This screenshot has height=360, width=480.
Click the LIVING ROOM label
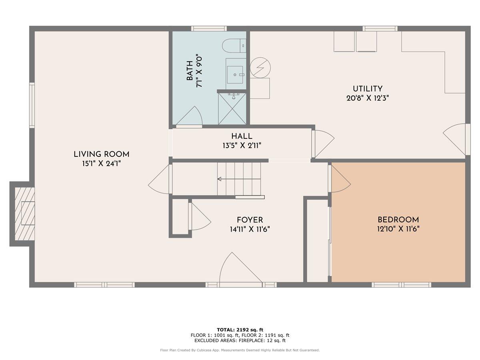(x=101, y=154)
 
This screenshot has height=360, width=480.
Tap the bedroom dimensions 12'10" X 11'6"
(x=398, y=229)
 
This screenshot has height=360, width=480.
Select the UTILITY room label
(x=367, y=89)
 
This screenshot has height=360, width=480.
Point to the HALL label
(x=242, y=136)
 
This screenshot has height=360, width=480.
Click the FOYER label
(x=250, y=220)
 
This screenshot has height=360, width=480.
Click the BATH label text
(x=190, y=70)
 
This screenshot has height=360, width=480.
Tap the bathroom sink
(x=236, y=74)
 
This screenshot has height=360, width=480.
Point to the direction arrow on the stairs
(x=219, y=179)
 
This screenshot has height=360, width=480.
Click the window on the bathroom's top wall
(x=209, y=28)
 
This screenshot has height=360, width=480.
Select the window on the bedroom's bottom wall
(x=401, y=285)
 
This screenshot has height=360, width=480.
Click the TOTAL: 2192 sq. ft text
(x=240, y=330)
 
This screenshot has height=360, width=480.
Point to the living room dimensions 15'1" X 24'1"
(x=101, y=164)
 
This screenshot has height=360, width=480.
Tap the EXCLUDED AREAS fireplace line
(x=240, y=341)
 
